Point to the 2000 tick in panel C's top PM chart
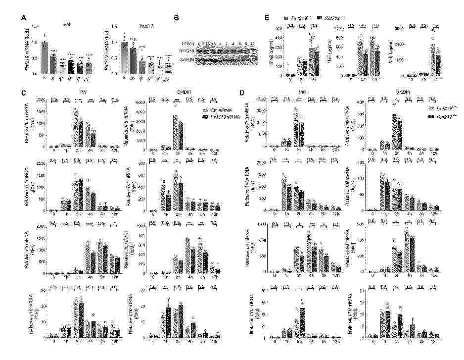pyautogui.click(x=37, y=101)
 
